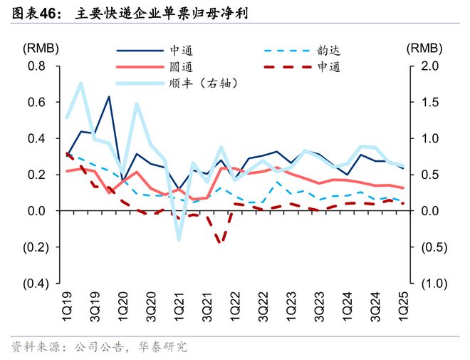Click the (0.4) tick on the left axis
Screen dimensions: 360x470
pos(33,283)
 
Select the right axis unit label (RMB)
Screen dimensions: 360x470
pos(425,48)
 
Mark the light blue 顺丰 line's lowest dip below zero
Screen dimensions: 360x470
pos(179,239)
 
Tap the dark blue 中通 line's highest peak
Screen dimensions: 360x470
pos(109,97)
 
